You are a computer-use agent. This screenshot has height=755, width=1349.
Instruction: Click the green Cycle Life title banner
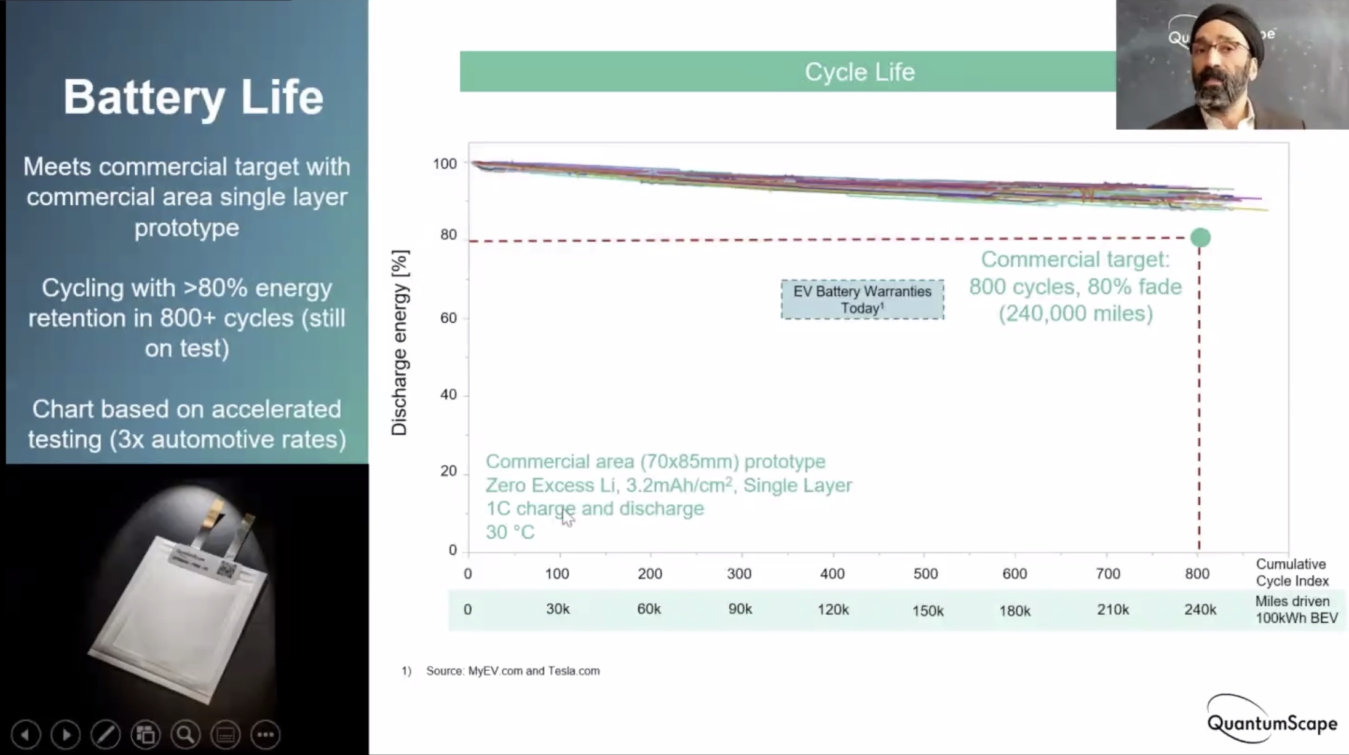787,71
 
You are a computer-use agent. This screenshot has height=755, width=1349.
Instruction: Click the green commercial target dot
1200,237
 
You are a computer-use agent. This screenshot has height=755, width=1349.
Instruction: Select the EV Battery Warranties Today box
862,299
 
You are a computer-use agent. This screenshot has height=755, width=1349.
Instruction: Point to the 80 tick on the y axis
449,235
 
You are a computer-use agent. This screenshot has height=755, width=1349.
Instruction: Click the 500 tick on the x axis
925,574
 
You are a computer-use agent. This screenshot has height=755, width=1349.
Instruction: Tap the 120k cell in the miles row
833,609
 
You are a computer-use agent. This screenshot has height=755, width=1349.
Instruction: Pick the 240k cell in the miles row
1200,609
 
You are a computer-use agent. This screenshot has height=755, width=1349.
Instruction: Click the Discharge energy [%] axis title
400,342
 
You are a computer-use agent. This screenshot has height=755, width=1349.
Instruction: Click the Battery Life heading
193,97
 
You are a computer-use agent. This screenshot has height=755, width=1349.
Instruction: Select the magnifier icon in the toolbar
185,734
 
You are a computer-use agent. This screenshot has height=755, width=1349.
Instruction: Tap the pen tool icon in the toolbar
105,734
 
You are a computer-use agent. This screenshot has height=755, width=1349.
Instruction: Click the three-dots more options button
266,734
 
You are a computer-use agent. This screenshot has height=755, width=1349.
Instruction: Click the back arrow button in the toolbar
25,734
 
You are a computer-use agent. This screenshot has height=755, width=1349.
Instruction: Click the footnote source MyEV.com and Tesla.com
512,671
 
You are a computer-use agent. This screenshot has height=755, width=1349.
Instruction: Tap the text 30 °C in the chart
510,532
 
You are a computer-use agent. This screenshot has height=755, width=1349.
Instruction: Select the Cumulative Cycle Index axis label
1291,572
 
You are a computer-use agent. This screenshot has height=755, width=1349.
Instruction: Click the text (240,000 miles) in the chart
1075,314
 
